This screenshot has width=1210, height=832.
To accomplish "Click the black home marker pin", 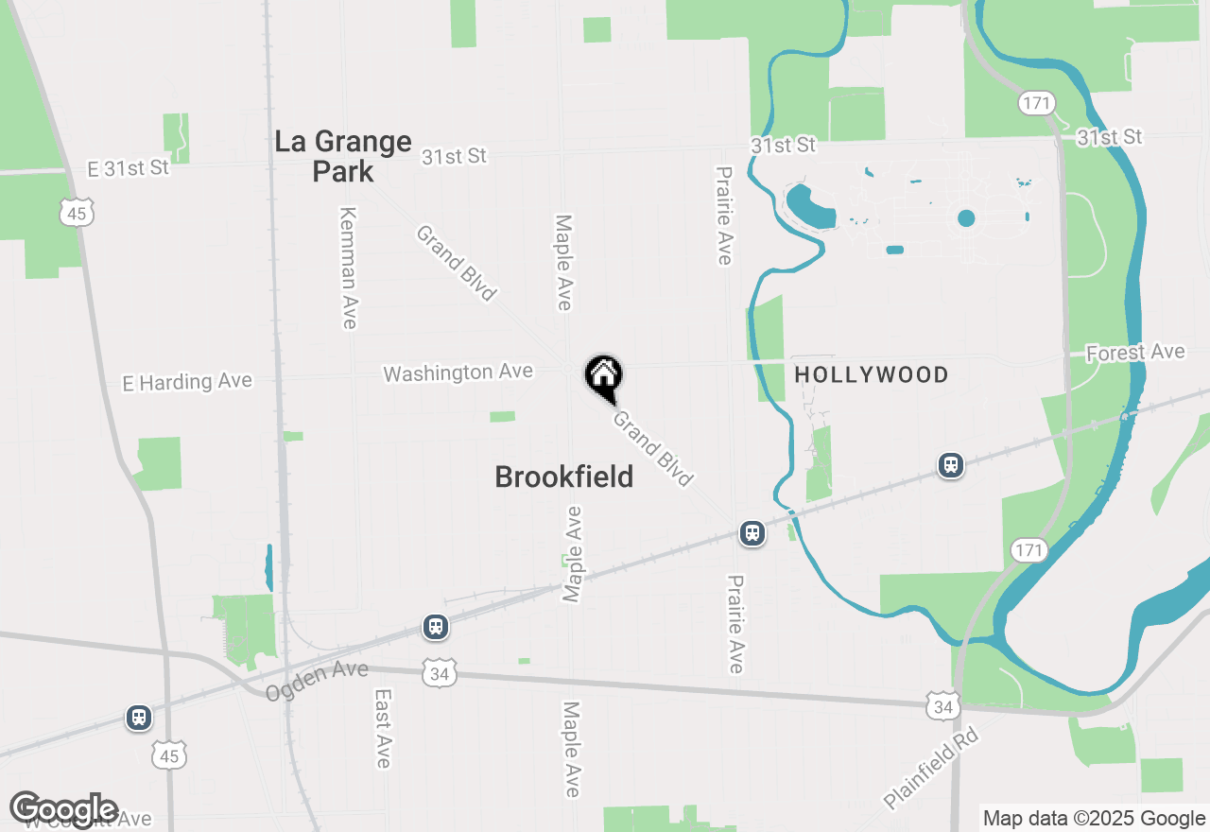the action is tap(603, 376).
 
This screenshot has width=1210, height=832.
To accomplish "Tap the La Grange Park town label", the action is tap(343, 157).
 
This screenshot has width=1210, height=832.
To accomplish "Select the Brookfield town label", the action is tap(564, 477).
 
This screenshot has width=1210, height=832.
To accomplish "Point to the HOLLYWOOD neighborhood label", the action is tap(872, 375).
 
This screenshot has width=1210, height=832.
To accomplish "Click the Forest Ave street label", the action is tap(1135, 353).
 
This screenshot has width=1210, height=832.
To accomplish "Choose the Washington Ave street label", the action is tap(458, 373).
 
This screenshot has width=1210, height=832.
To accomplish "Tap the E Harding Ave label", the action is tap(187, 382).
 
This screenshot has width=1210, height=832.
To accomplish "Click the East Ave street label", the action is tap(383, 728).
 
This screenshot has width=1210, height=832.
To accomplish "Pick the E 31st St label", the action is tap(128, 168).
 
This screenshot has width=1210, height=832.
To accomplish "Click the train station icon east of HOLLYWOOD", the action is tap(950, 465).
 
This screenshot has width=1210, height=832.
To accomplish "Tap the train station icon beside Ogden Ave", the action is tap(435, 627).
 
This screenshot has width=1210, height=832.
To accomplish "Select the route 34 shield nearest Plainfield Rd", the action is tap(942, 704).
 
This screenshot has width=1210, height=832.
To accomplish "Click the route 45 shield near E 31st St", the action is tap(77, 214).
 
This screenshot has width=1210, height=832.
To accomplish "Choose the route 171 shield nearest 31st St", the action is tap(1036, 103).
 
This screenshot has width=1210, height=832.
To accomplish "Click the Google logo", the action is tap(64, 809).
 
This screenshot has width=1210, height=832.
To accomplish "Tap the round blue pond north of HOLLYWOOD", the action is tap(965, 218).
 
